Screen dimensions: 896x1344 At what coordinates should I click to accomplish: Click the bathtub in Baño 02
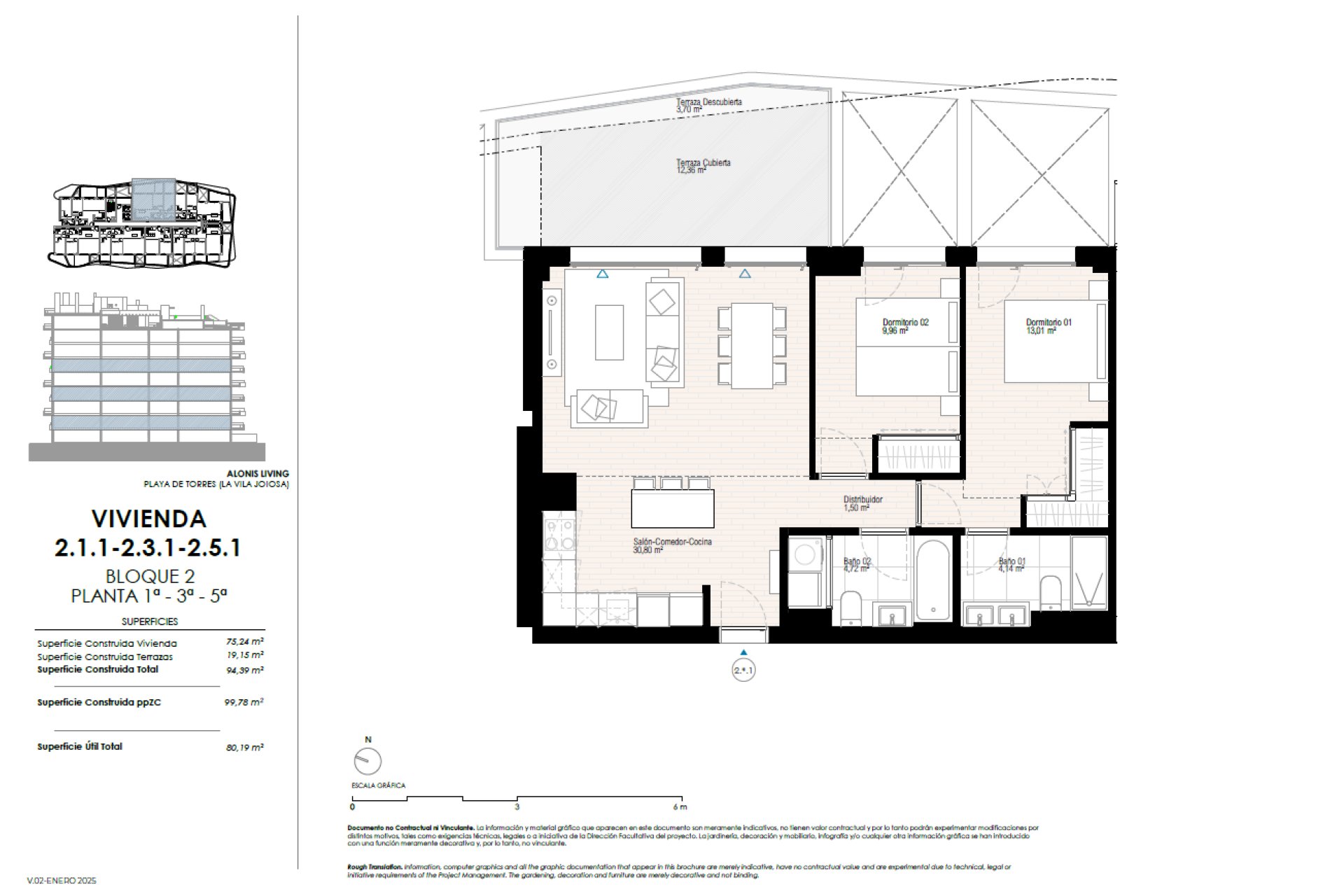coord(934,580)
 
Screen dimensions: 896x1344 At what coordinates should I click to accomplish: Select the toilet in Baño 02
coord(850,607)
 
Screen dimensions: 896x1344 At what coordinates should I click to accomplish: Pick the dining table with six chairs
coord(752,346)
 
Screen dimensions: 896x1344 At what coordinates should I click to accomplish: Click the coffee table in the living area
coord(609,332)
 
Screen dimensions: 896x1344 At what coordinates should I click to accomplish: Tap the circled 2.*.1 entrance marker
coord(743,671)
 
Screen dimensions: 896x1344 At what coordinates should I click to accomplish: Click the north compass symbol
coord(367,761)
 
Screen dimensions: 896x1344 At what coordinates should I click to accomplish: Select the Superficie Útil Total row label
coord(80,747)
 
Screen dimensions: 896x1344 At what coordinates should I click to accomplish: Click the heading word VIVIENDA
coord(149,519)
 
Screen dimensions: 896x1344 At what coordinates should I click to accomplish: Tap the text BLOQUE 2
coord(150,576)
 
